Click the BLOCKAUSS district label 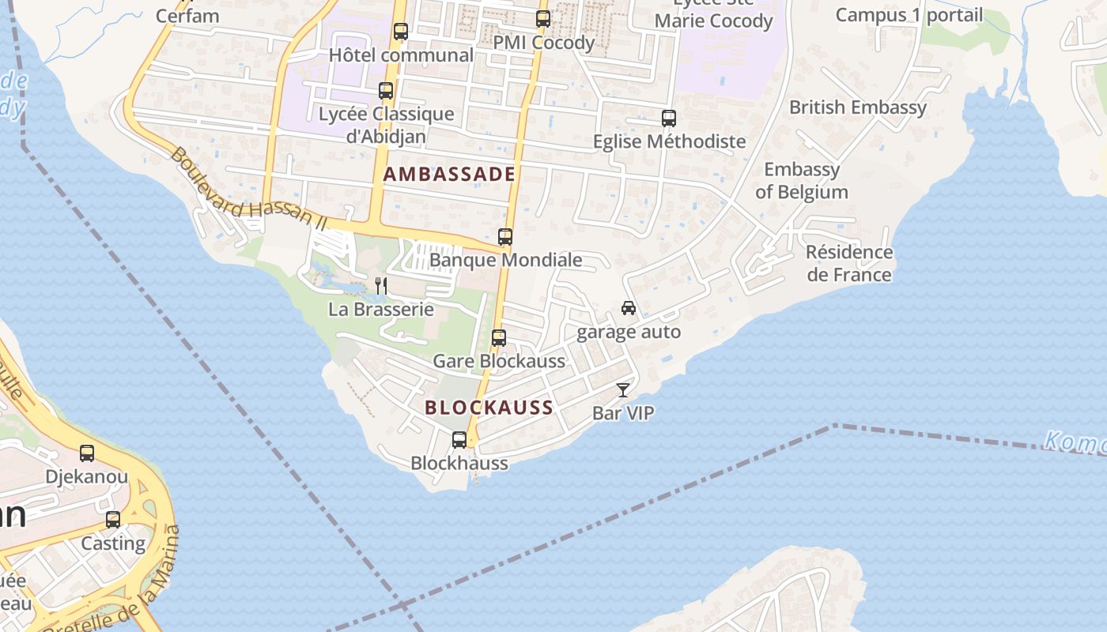click(x=489, y=408)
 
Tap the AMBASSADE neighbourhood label click(x=449, y=175)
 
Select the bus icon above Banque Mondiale click(x=505, y=237)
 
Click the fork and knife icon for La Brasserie click(x=381, y=285)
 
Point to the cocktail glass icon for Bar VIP click(x=623, y=390)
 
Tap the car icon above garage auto click(x=629, y=308)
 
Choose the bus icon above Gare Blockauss click(x=499, y=338)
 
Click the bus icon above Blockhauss click(x=459, y=440)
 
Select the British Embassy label click(x=858, y=107)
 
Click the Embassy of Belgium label click(x=802, y=181)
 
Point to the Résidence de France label click(x=849, y=264)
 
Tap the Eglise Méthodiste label click(x=670, y=141)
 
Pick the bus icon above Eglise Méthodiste click(x=669, y=118)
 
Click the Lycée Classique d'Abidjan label click(x=387, y=125)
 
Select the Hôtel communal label click(x=401, y=55)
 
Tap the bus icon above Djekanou click(x=87, y=453)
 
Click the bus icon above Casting click(x=113, y=520)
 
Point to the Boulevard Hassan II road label click(x=247, y=189)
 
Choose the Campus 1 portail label click(x=909, y=15)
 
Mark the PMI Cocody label click(x=544, y=43)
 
